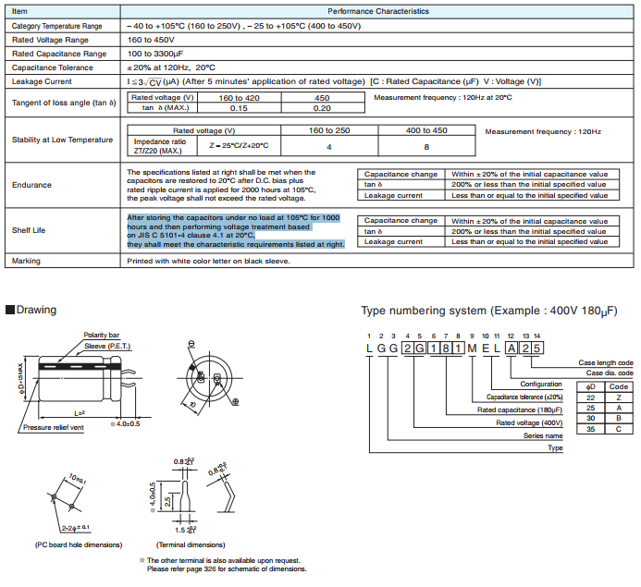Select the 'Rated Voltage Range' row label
51,40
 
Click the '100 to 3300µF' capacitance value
157,54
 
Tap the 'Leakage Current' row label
42,81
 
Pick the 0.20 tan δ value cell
322,108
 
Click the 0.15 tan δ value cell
239,108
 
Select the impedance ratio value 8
426,146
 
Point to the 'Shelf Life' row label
29,230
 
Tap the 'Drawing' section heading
31,310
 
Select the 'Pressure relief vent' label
55,428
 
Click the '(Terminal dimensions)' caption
191,545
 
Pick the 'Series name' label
543,434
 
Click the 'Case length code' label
606,363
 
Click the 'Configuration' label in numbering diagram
541,384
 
